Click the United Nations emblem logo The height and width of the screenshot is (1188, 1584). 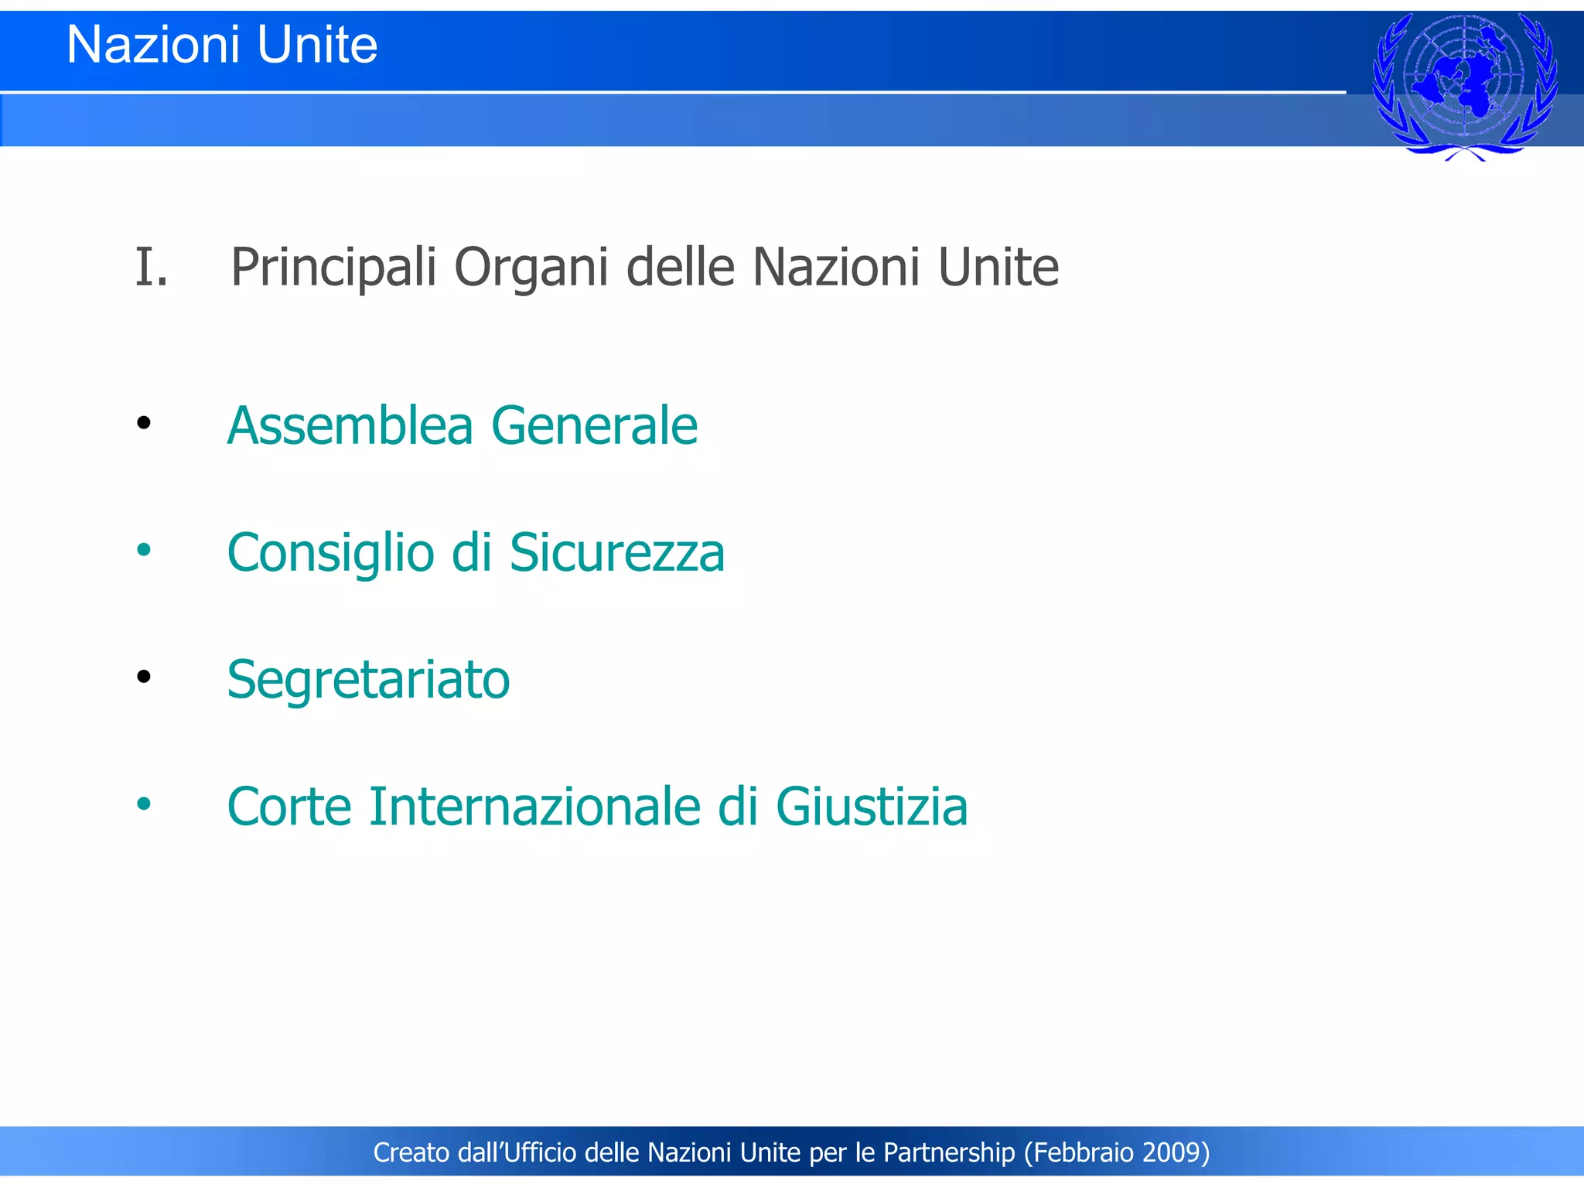click(1464, 85)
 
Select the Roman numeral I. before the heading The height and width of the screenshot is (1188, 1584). click(151, 268)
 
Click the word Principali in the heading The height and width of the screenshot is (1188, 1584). click(333, 268)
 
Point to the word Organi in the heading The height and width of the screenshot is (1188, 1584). click(531, 268)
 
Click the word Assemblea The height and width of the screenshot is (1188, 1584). click(350, 426)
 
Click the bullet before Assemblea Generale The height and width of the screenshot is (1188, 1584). click(143, 423)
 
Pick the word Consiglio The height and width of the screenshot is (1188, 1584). click(330, 554)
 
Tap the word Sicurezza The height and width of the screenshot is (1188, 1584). click(616, 554)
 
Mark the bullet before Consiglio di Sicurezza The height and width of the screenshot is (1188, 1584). click(143, 550)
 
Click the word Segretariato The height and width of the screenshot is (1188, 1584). click(368, 680)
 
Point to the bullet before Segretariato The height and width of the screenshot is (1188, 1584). click(143, 677)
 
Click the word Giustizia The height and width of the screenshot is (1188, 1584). click(872, 807)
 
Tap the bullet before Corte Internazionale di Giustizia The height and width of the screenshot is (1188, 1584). click(143, 804)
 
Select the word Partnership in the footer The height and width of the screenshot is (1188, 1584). click(949, 1152)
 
